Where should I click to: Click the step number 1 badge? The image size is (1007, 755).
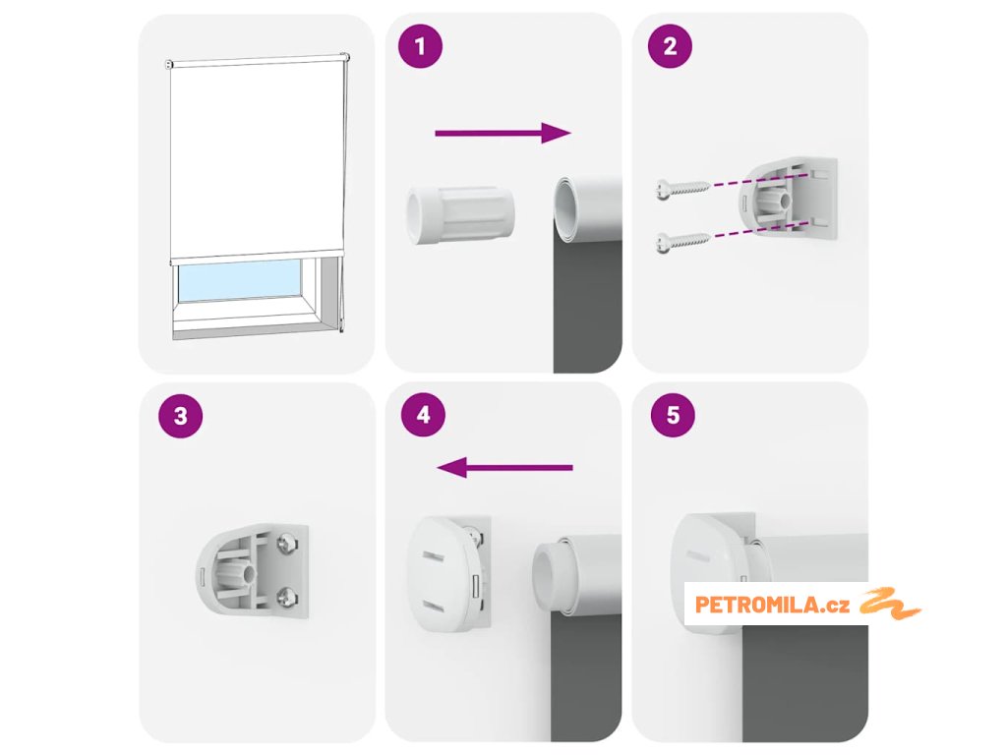pyautogui.click(x=420, y=46)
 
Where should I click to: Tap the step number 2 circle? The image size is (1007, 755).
pyautogui.click(x=669, y=46)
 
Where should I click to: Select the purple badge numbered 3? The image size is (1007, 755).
pyautogui.click(x=181, y=416)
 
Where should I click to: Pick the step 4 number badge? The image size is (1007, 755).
pyautogui.click(x=423, y=415)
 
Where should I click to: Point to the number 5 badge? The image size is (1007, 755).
pyautogui.click(x=673, y=415)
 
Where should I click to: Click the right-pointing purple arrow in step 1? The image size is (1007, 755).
pyautogui.click(x=503, y=133)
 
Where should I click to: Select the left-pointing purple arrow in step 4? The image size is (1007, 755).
pyautogui.click(x=504, y=467)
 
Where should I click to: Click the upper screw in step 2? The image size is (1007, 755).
pyautogui.click(x=682, y=188)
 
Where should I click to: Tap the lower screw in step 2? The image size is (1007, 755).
pyautogui.click(x=682, y=242)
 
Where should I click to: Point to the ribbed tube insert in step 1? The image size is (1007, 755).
pyautogui.click(x=460, y=215)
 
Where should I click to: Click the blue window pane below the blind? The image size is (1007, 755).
pyautogui.click(x=240, y=280)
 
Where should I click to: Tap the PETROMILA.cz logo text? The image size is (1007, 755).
pyautogui.click(x=772, y=605)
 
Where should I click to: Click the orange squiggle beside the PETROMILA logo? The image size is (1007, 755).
pyautogui.click(x=889, y=604)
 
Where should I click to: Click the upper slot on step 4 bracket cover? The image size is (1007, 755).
pyautogui.click(x=432, y=554)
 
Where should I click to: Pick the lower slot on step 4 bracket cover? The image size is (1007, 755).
pyautogui.click(x=433, y=606)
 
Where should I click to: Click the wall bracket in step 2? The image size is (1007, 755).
pyautogui.click(x=788, y=198)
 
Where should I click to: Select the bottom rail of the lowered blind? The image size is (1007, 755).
pyautogui.click(x=257, y=257)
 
